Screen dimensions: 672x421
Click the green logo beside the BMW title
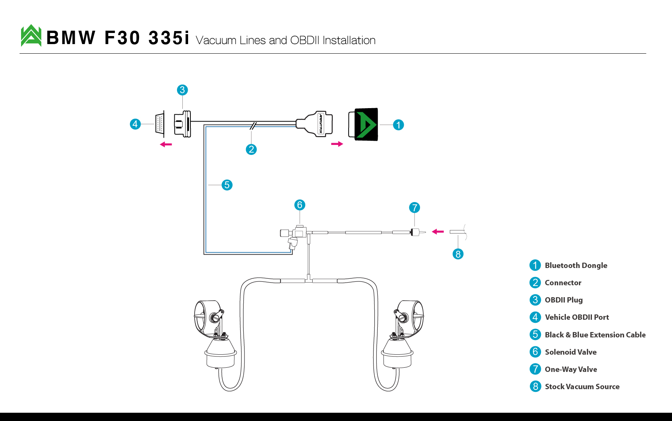31,36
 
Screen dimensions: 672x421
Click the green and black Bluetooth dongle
363,124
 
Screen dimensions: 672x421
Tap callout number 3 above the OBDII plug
182,90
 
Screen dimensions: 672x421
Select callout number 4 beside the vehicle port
135,124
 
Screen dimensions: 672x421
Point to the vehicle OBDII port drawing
160,124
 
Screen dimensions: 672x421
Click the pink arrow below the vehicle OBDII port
166,145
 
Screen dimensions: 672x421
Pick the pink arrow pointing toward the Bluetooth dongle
337,144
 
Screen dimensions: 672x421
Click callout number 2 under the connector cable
251,150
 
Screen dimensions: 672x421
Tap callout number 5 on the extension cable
227,185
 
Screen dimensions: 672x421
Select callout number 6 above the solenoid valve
300,205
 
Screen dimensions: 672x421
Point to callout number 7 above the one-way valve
415,208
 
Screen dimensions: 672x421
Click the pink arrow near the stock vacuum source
438,232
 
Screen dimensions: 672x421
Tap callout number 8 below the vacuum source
458,254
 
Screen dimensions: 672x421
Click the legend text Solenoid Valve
571,352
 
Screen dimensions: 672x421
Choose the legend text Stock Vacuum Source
582,386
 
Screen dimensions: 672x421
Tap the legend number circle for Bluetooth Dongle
535,265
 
